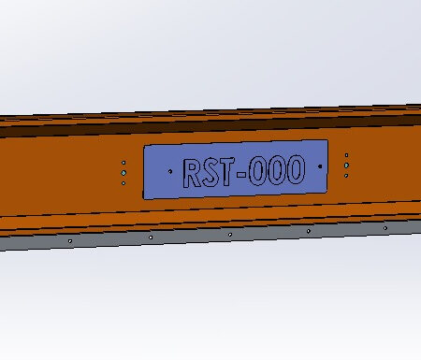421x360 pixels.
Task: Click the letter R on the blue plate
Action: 192,173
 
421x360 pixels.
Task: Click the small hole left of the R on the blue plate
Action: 168,171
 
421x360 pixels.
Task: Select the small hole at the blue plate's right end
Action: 320,166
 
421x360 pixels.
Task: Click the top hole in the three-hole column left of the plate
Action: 123,163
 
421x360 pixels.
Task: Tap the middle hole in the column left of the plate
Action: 123,173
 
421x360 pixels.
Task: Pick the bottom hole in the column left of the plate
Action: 123,183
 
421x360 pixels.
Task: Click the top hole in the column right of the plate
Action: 347,155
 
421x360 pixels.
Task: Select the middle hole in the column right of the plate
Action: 347,166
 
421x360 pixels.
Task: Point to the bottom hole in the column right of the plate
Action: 347,175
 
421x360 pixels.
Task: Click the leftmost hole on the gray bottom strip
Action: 70,240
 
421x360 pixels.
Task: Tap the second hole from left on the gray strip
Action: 151,238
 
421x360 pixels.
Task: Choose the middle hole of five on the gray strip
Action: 230,234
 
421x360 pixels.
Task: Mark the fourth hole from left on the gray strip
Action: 308,230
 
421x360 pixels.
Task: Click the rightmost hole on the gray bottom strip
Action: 385,227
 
